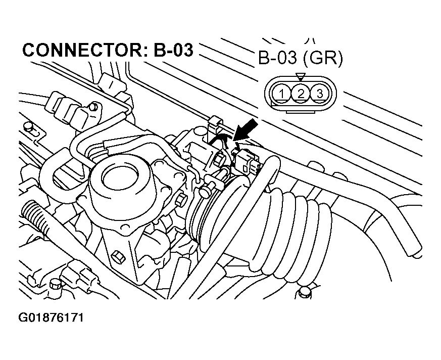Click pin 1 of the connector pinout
coord(282,93)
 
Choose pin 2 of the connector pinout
coord(301,93)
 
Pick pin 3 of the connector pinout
coord(318,93)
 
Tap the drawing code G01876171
coord(51,318)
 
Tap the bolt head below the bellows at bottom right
coord(304,293)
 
